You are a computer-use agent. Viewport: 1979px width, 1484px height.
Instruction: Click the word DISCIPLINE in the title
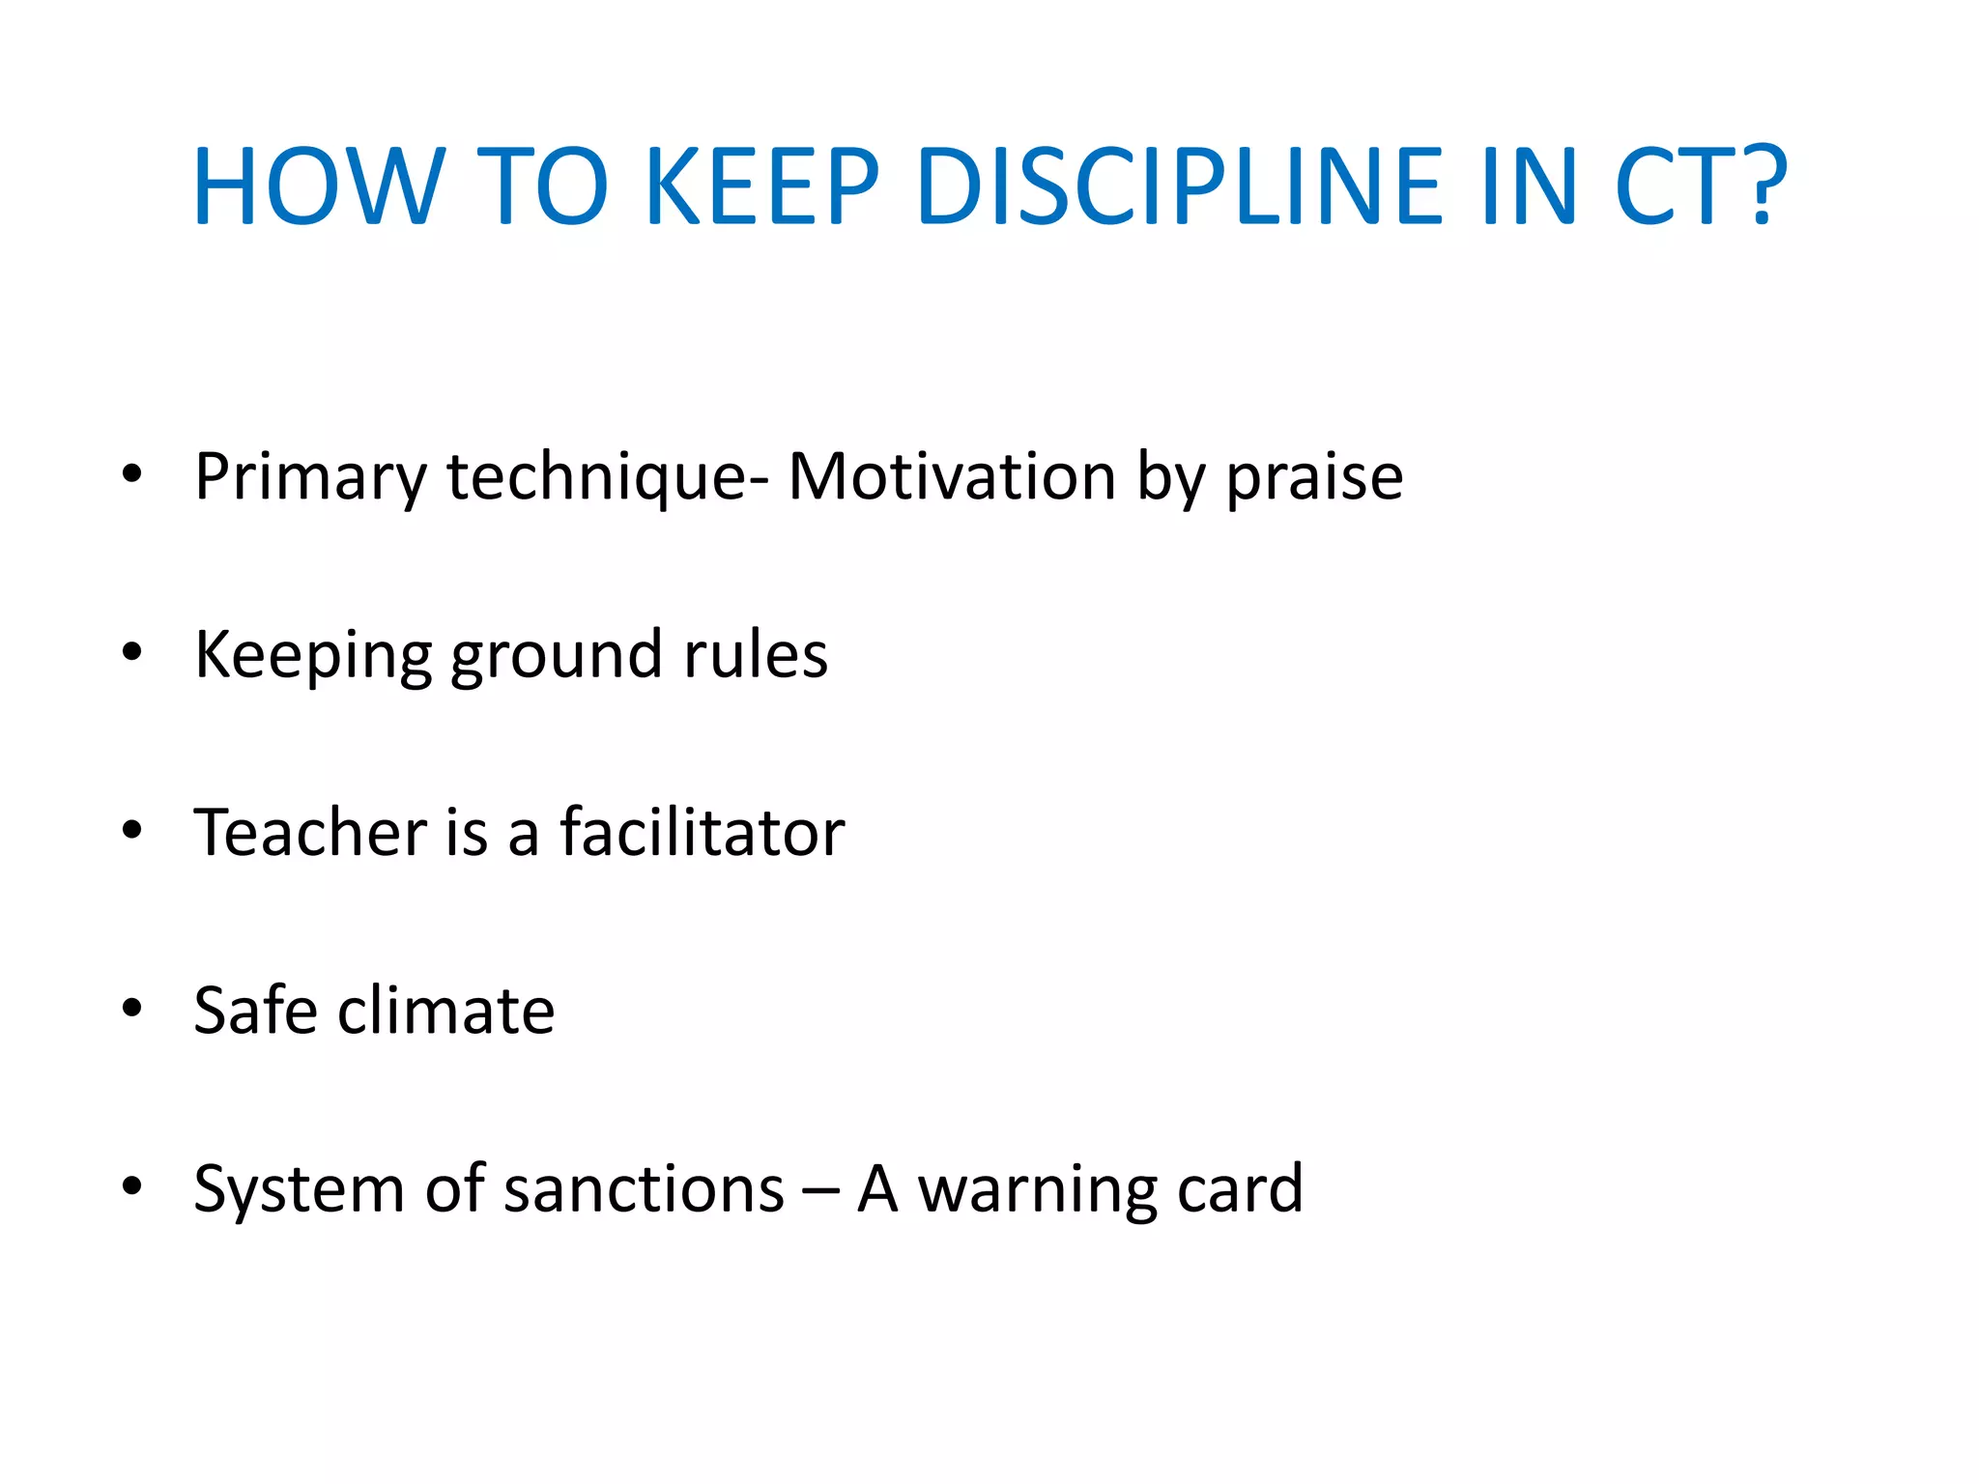(1180, 185)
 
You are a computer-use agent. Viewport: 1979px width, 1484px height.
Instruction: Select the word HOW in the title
(318, 185)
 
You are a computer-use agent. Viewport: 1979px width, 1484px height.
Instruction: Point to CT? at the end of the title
(1701, 185)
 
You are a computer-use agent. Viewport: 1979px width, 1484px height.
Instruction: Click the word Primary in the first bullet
(310, 477)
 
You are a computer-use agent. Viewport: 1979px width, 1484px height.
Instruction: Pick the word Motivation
(952, 477)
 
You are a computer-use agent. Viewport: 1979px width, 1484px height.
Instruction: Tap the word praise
(1314, 477)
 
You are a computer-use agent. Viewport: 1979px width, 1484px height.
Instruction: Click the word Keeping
(313, 656)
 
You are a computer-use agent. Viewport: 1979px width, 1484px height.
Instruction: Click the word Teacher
(310, 833)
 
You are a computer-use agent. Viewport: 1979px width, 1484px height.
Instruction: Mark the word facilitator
(703, 833)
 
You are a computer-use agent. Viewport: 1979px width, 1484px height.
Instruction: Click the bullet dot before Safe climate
(132, 1009)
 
